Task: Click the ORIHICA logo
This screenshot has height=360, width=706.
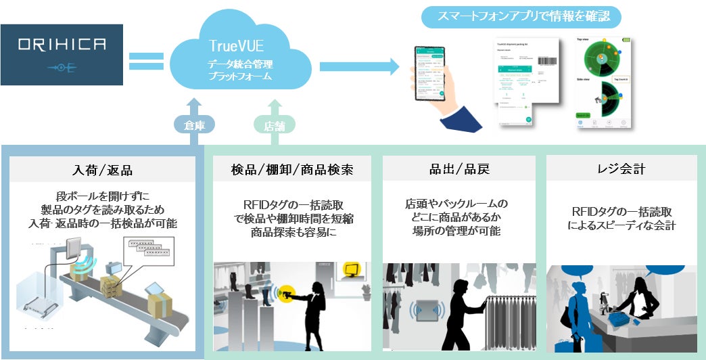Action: tap(62, 55)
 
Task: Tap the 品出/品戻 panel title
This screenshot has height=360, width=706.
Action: tap(459, 169)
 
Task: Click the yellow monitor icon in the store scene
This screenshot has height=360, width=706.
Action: tap(352, 271)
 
